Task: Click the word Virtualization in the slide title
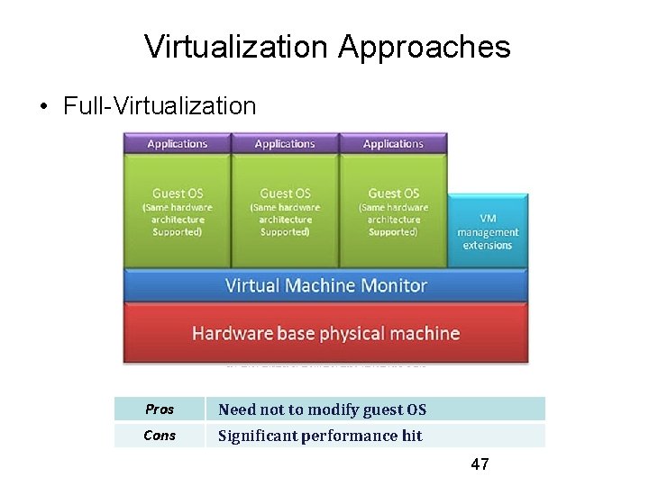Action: (x=236, y=47)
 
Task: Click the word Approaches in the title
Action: (x=425, y=47)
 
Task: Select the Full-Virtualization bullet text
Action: (x=160, y=106)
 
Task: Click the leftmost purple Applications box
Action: (x=177, y=144)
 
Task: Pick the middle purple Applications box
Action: (x=285, y=144)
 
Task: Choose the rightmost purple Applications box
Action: (x=393, y=144)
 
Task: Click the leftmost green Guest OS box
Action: (x=177, y=211)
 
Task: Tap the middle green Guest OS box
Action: (x=285, y=211)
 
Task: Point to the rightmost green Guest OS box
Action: (x=393, y=211)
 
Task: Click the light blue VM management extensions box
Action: (x=488, y=231)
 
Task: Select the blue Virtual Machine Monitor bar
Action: (x=325, y=286)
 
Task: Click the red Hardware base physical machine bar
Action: (x=325, y=334)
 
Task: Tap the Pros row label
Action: (x=160, y=409)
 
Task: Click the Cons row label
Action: (x=160, y=436)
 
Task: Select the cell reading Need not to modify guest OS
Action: (x=322, y=409)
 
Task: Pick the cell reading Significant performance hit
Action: (x=320, y=436)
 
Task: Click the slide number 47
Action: (x=480, y=464)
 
